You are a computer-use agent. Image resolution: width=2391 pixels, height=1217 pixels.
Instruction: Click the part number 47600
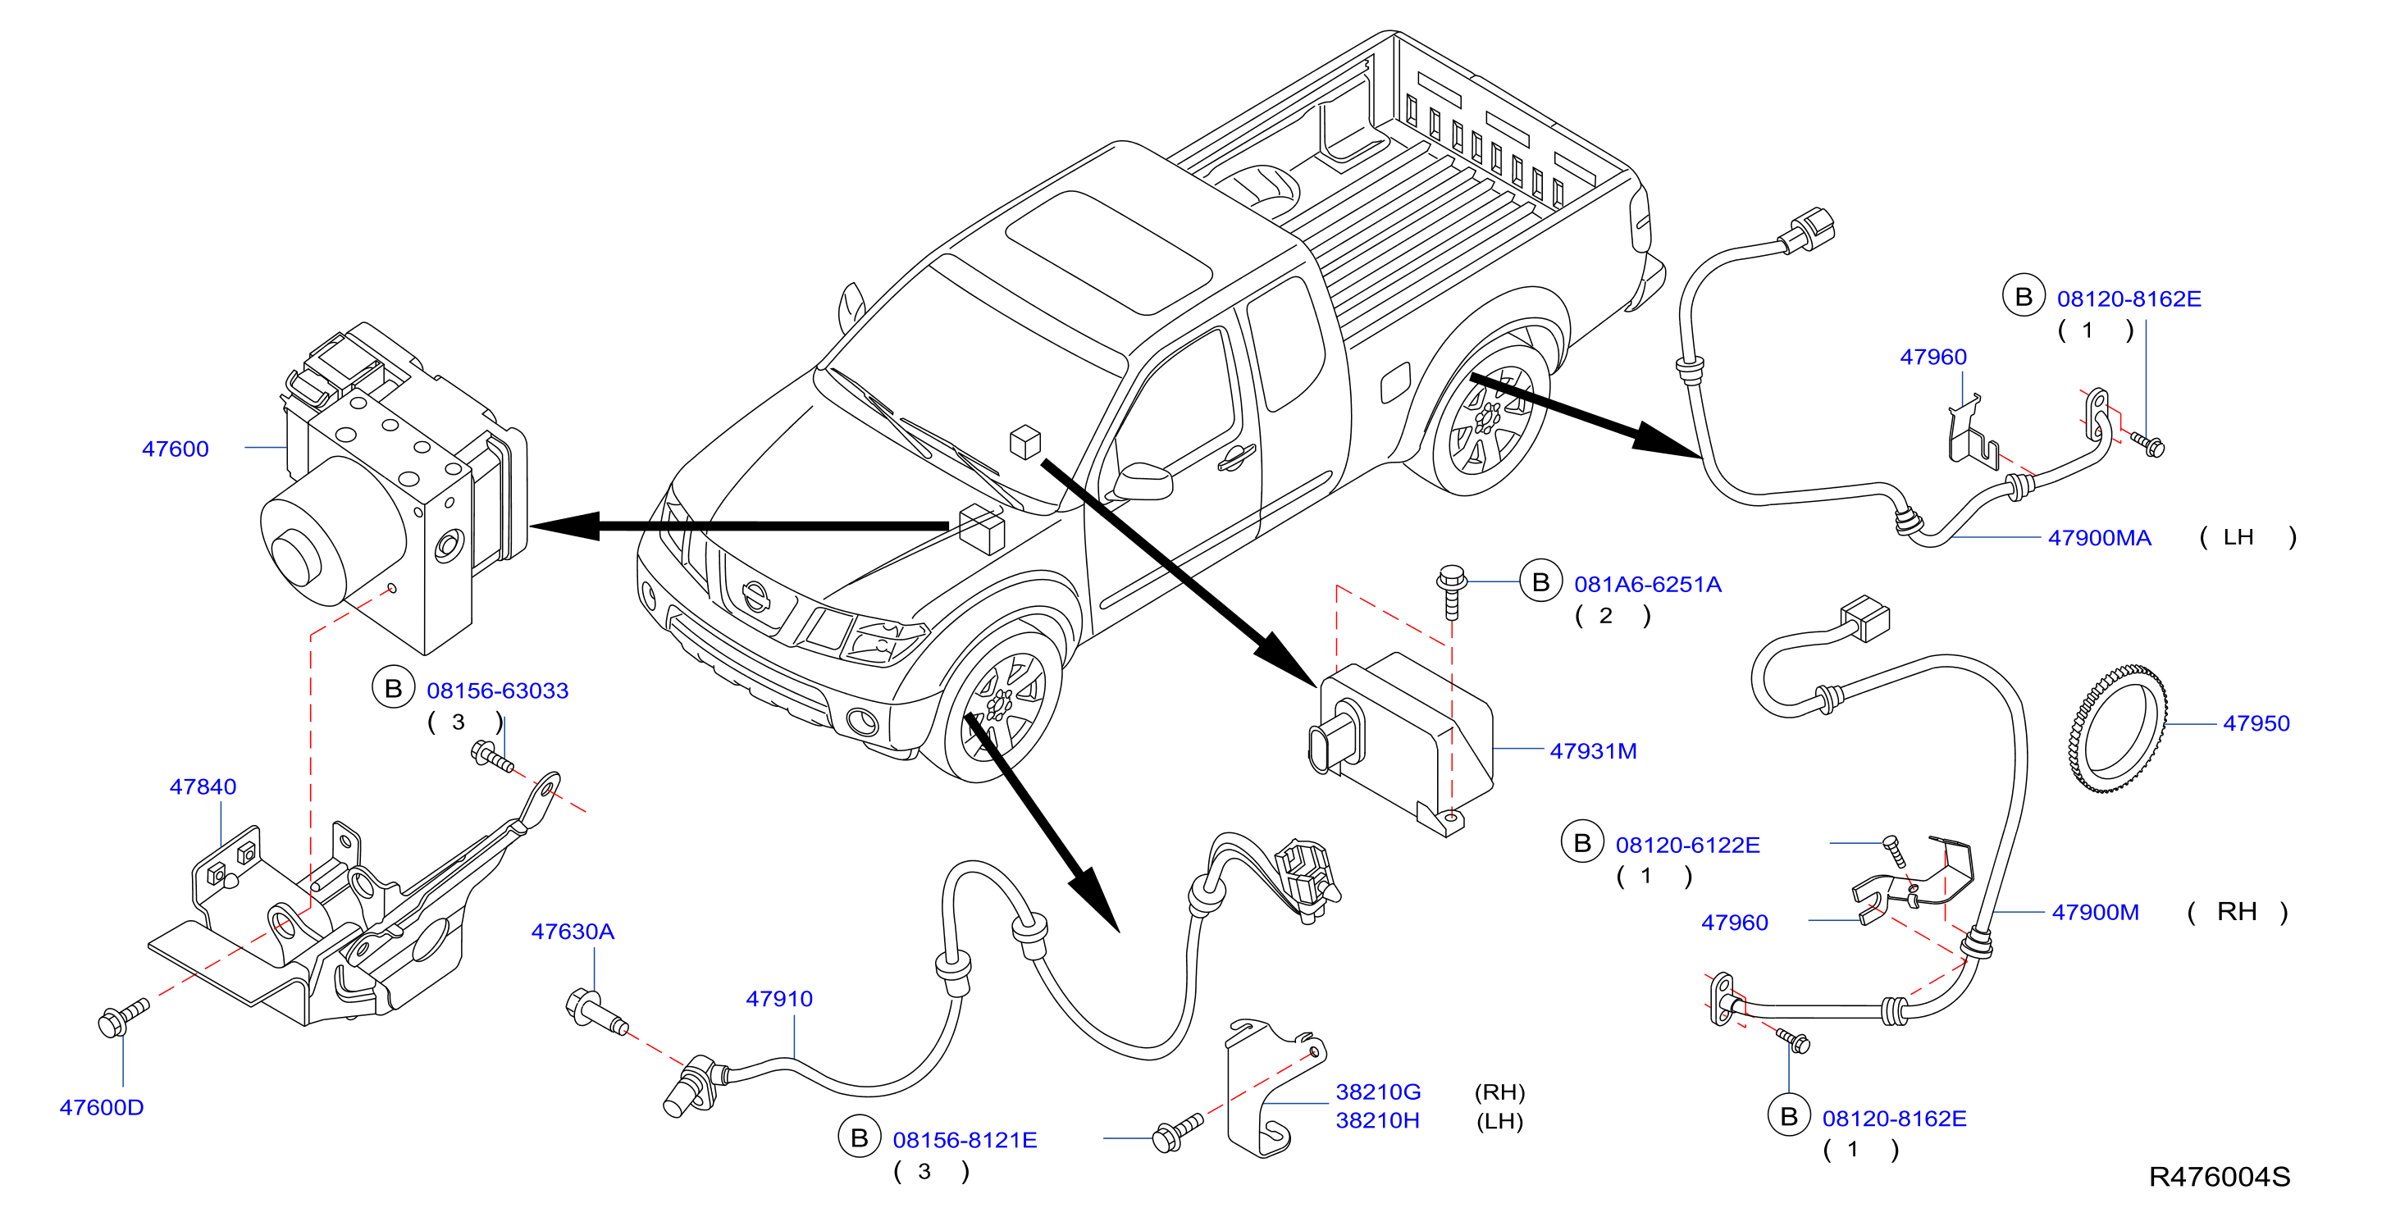[x=176, y=449]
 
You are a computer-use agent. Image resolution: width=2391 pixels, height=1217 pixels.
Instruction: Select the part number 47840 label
[x=203, y=787]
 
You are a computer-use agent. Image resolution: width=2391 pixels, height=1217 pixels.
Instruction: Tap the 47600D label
[x=101, y=1107]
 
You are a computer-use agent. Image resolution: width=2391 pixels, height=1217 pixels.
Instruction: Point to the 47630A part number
[x=573, y=932]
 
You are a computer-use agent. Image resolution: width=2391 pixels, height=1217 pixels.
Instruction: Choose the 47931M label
[x=1593, y=751]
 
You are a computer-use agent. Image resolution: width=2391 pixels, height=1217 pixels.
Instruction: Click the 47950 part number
[x=2256, y=723]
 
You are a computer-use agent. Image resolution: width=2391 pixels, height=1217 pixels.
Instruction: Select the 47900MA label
[x=2100, y=537]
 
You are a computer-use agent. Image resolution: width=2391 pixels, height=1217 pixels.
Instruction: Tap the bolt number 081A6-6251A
[x=1648, y=585]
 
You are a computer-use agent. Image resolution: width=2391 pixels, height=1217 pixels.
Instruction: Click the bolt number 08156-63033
[x=498, y=691]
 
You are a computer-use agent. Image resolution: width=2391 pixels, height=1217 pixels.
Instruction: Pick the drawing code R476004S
[x=2220, y=1177]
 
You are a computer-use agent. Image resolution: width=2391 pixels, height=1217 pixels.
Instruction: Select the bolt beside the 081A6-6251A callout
[x=1451, y=591]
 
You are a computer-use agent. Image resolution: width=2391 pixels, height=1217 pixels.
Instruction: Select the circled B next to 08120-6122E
[x=1581, y=843]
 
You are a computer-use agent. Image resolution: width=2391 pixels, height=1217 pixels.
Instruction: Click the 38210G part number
[x=1377, y=1092]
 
